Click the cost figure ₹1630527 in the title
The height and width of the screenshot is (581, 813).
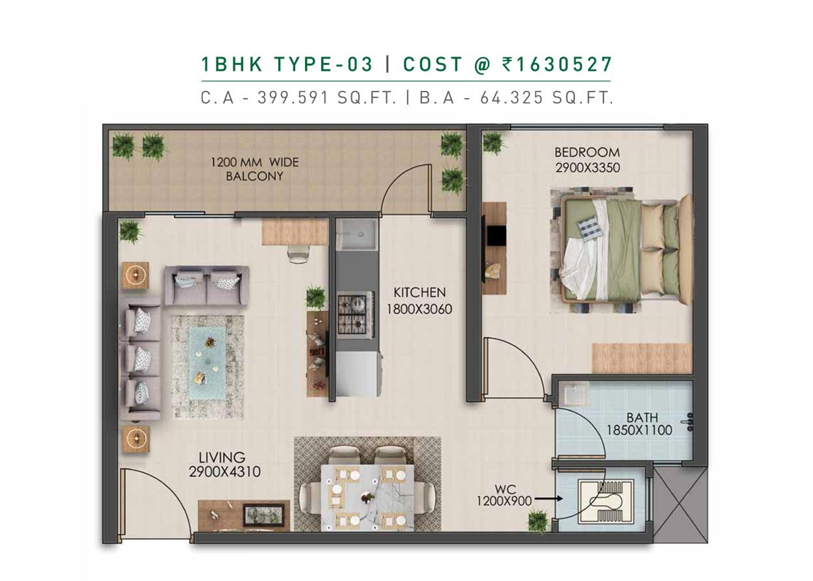pyautogui.click(x=557, y=64)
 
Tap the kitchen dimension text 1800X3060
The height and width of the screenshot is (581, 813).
pyautogui.click(x=420, y=309)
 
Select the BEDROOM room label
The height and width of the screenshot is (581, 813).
pyautogui.click(x=587, y=152)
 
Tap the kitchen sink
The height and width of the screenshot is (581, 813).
pyautogui.click(x=356, y=235)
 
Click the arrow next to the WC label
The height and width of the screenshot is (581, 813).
pyautogui.click(x=548, y=498)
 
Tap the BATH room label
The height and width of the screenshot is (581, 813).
pyautogui.click(x=642, y=418)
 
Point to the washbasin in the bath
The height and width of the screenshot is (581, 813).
pyautogui.click(x=574, y=393)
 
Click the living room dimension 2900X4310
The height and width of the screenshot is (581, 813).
pyautogui.click(x=224, y=472)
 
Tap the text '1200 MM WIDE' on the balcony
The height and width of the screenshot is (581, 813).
pyautogui.click(x=254, y=162)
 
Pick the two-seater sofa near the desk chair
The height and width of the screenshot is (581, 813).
pyautogui.click(x=207, y=285)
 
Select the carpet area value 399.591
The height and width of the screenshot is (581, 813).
pyautogui.click(x=293, y=98)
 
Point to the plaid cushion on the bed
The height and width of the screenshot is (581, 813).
pyautogui.click(x=587, y=227)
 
